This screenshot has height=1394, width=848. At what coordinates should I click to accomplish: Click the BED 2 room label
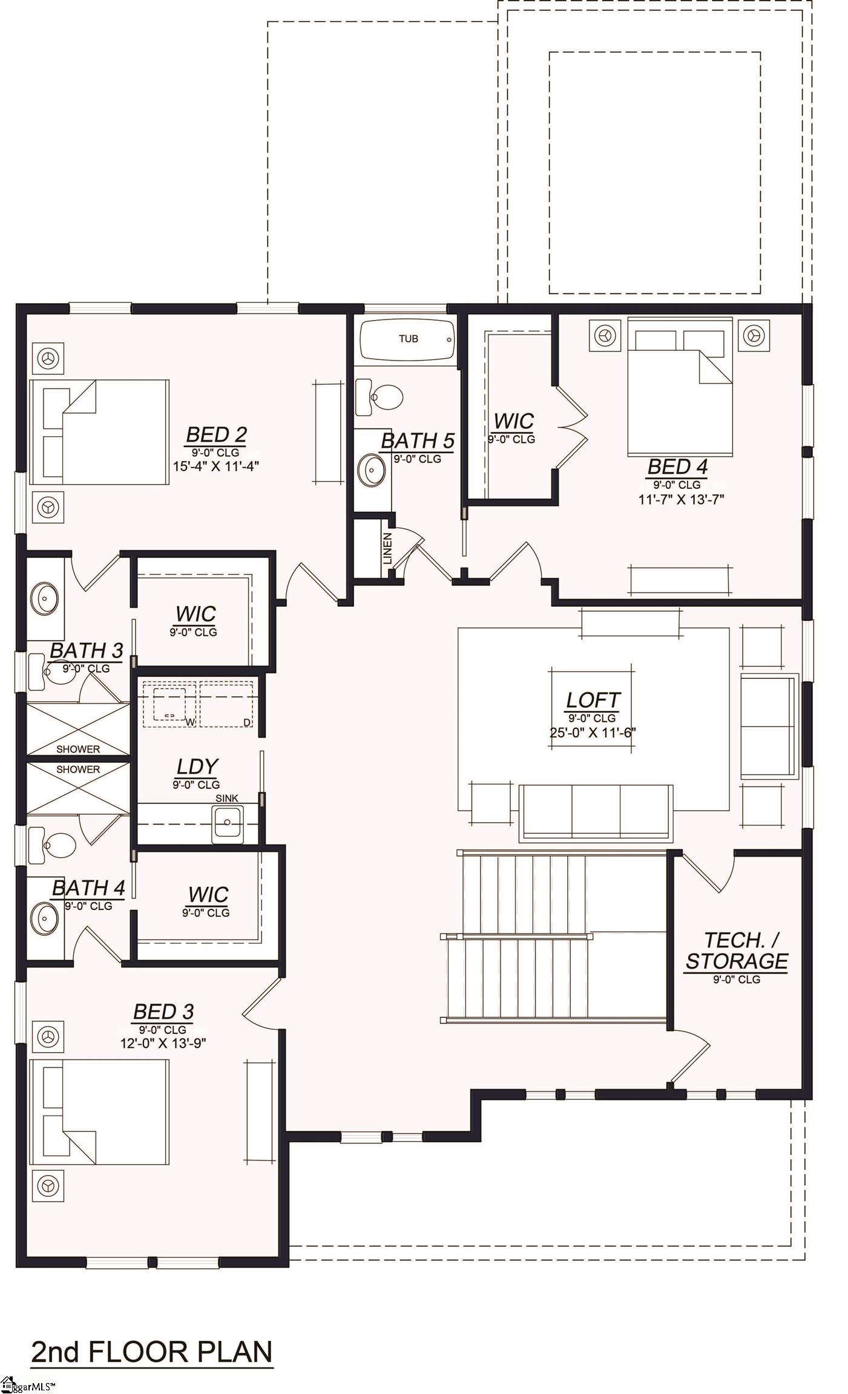tap(215, 434)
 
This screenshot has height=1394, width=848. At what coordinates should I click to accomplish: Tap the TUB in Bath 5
tap(407, 339)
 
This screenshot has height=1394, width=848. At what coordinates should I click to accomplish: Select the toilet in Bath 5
tap(381, 397)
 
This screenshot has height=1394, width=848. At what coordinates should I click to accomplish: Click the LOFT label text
tap(593, 700)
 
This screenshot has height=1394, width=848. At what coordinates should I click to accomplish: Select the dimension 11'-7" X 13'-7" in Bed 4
tap(681, 499)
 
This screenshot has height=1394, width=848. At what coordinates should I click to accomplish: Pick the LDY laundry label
tap(197, 767)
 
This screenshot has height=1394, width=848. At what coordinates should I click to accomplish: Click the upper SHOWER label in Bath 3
tap(78, 748)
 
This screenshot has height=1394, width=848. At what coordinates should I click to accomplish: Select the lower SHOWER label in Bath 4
tap(78, 770)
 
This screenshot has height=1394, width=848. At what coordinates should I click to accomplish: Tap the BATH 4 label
tap(88, 888)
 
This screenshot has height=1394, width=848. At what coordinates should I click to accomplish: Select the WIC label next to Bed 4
tap(513, 420)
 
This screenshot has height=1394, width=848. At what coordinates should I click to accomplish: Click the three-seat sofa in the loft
tap(596, 812)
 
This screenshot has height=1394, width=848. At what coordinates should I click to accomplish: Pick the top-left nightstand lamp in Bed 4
tap(603, 334)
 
